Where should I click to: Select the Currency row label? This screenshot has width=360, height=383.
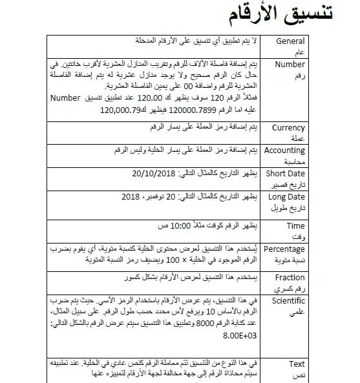288,128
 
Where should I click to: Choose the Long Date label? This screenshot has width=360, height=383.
286,196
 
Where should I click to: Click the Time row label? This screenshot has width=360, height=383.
295,226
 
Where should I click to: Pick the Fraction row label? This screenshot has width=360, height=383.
290,278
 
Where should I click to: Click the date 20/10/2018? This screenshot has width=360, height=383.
157,174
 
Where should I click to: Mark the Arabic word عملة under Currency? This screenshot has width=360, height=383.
298,138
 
